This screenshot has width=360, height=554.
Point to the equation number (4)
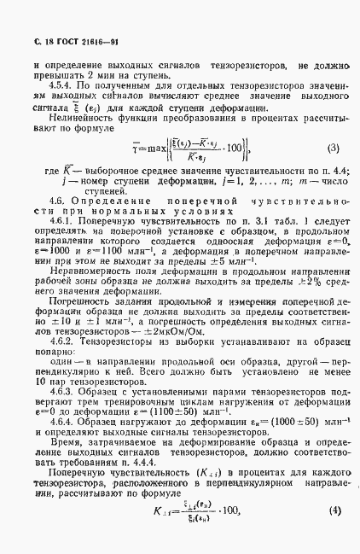coord(334,535)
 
